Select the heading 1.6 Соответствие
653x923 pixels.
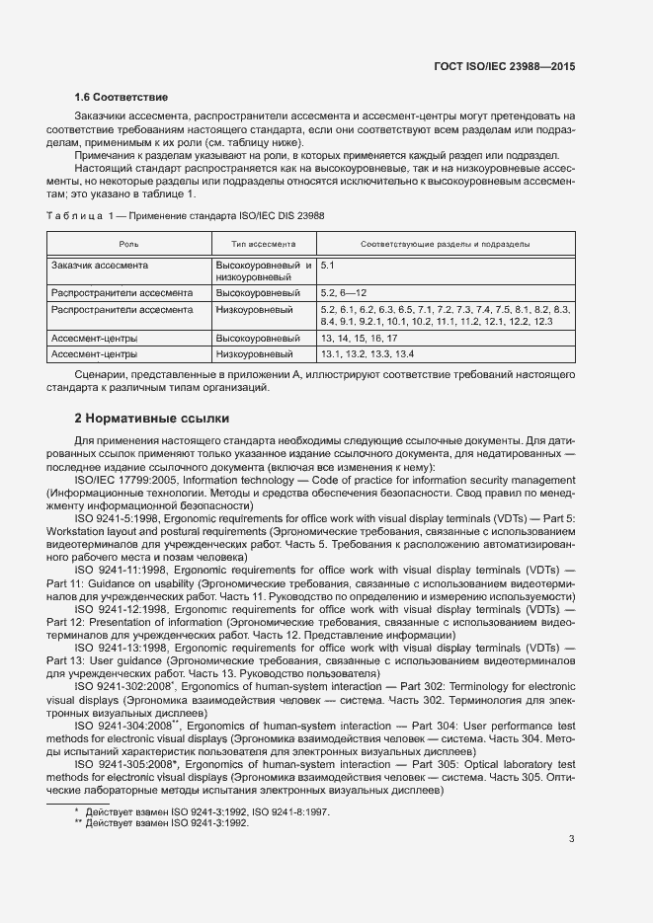(121, 98)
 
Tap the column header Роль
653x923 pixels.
(128, 244)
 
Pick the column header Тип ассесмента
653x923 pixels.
(264, 244)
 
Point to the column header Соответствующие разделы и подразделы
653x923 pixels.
(445, 244)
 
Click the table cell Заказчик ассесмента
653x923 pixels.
(100, 266)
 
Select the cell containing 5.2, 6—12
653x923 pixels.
(344, 293)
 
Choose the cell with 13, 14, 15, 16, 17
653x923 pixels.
(359, 338)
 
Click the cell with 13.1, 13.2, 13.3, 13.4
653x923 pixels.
(367, 352)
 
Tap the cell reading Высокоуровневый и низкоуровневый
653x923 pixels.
(264, 271)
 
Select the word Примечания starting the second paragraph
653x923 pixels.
(107, 156)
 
